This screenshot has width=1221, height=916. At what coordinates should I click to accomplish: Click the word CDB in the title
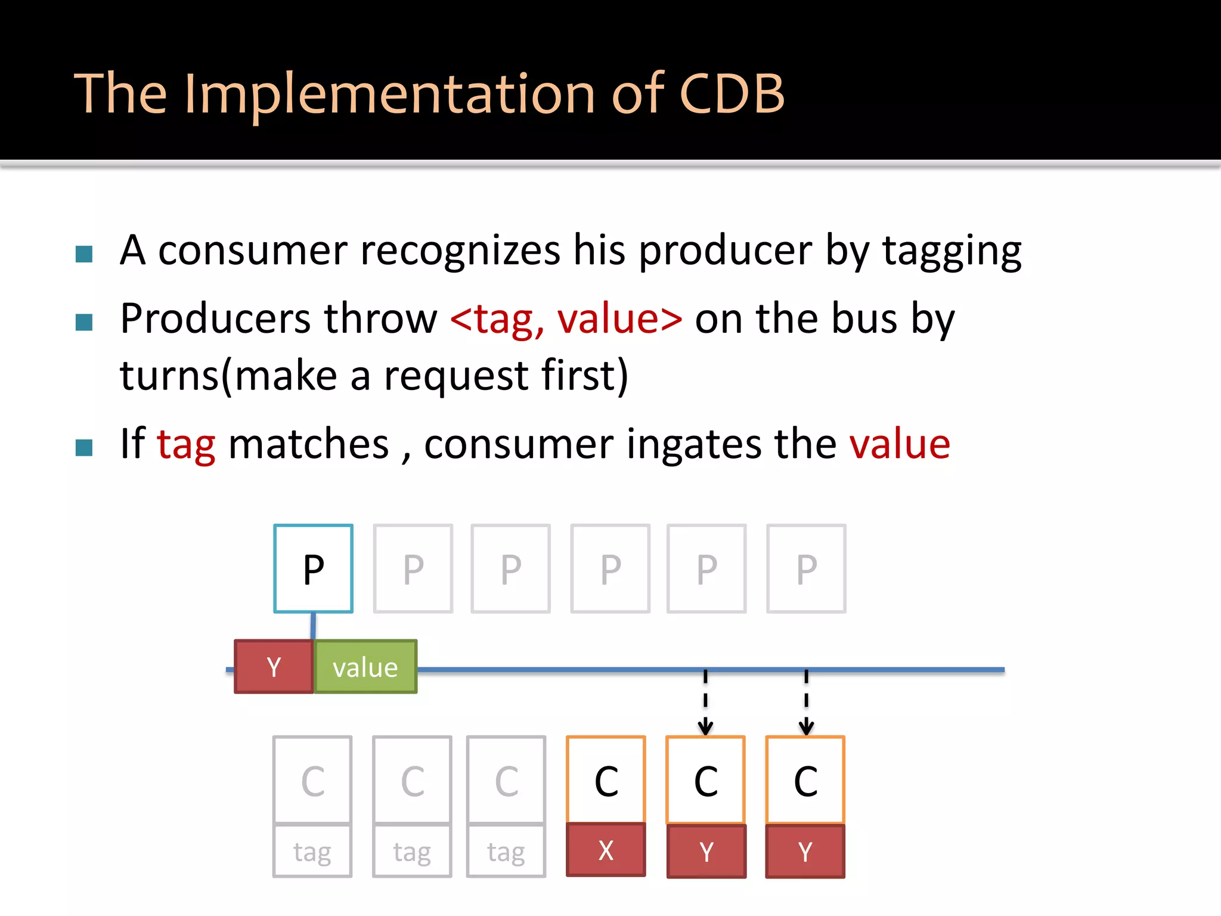tap(732, 94)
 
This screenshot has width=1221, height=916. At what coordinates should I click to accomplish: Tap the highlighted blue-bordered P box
tap(313, 569)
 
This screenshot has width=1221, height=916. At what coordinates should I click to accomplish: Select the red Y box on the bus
tap(274, 667)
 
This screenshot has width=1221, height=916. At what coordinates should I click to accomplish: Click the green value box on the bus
tap(365, 667)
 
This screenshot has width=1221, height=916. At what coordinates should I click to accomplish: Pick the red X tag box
tap(606, 850)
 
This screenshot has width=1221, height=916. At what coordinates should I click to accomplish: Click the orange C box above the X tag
tap(606, 780)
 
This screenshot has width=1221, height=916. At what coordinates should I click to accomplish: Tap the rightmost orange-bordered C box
tap(805, 780)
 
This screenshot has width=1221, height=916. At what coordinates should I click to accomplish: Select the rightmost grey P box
tap(806, 569)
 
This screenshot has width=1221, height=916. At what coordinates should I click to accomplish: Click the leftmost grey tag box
tap(312, 851)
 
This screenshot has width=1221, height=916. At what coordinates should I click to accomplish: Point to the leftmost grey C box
tap(312, 780)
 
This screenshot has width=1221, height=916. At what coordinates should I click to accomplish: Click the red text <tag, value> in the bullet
tap(566, 319)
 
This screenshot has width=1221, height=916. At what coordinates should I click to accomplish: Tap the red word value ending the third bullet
tap(899, 444)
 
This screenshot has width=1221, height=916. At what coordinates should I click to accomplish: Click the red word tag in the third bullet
tap(186, 444)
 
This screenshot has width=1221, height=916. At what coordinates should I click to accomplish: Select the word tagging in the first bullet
tap(952, 250)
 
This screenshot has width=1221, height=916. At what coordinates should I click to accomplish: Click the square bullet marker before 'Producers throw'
tap(84, 323)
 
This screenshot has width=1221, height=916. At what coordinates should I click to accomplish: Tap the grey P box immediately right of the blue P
tap(413, 569)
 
